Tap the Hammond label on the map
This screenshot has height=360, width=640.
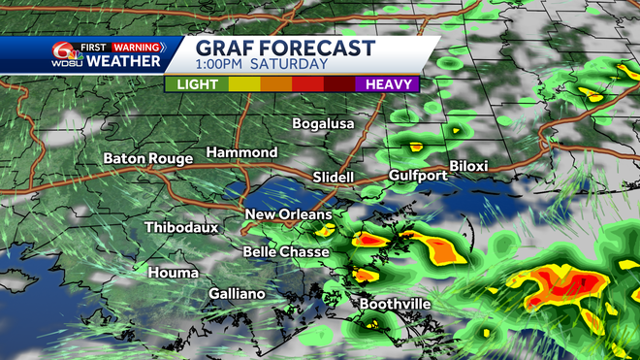tap(241, 153)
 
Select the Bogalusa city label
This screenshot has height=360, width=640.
tap(325, 124)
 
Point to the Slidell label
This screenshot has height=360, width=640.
tap(336, 178)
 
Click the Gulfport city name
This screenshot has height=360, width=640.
tap(418, 176)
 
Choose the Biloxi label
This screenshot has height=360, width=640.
tap(468, 166)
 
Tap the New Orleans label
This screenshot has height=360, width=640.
tap(288, 214)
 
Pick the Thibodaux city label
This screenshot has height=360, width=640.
tap(181, 227)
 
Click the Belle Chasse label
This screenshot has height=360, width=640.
tap(286, 252)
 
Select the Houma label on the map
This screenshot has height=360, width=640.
tap(174, 273)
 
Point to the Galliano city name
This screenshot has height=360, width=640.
tap(241, 293)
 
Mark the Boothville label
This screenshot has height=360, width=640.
tap(395, 304)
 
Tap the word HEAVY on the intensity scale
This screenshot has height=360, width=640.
tap(392, 84)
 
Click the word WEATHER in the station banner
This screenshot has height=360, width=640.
tap(123, 61)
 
